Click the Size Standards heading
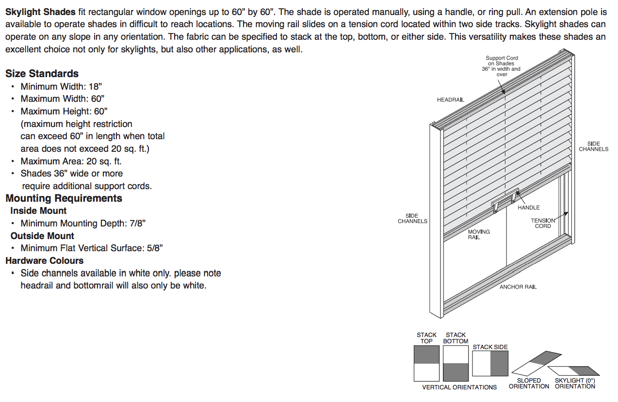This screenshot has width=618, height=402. (42, 74)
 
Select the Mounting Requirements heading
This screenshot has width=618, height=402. (64, 198)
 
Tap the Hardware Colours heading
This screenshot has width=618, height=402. (44, 260)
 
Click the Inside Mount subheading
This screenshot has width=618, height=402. (38, 211)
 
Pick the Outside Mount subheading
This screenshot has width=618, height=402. (42, 236)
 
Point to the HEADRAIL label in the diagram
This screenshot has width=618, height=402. (450, 100)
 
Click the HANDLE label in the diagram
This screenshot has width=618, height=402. (528, 208)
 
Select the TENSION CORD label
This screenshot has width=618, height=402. (543, 223)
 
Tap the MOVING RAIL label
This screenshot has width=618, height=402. (478, 235)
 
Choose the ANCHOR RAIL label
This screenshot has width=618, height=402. (518, 287)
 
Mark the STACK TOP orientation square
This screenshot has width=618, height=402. (426, 363)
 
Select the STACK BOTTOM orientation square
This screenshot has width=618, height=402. (455, 363)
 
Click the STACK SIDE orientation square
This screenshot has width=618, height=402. (490, 363)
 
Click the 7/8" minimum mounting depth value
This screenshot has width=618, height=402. (137, 224)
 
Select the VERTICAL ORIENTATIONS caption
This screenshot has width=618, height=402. (459, 387)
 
